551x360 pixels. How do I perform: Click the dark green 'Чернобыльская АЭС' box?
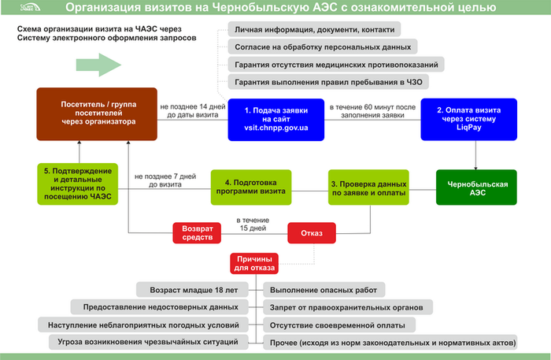click(x=477, y=187)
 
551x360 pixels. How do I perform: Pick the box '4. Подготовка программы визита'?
click(x=250, y=187)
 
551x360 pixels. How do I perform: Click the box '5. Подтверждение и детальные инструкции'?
click(x=77, y=184)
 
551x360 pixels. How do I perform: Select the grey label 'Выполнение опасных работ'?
click(x=323, y=290)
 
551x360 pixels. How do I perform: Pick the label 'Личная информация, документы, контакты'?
click(x=313, y=29)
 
